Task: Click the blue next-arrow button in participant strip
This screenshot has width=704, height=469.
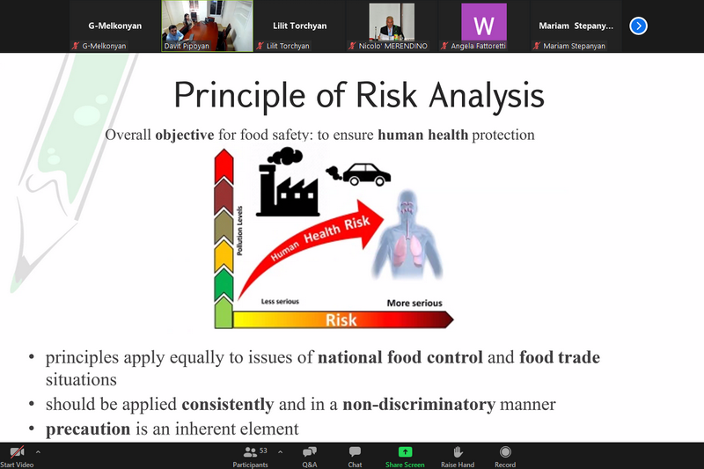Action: pyautogui.click(x=638, y=26)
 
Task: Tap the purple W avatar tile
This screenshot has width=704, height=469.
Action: pyautogui.click(x=483, y=23)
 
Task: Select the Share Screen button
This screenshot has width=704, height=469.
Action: pyautogui.click(x=405, y=457)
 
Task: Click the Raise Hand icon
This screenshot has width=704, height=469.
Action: pyautogui.click(x=458, y=452)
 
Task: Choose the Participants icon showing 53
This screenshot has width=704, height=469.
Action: pyautogui.click(x=250, y=452)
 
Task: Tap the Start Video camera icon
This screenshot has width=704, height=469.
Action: pyautogui.click(x=17, y=452)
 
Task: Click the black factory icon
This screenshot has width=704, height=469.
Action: pyautogui.click(x=288, y=182)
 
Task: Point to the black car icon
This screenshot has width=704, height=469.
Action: pyautogui.click(x=366, y=174)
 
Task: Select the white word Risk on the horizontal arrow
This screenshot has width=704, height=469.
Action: pyautogui.click(x=341, y=320)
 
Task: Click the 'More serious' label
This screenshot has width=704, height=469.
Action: pyautogui.click(x=414, y=303)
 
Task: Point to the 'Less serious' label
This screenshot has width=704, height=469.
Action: pyautogui.click(x=280, y=301)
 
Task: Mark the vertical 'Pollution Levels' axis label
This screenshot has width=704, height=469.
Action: pyautogui.click(x=239, y=231)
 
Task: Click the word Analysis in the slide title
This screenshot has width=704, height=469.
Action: pyautogui.click(x=487, y=96)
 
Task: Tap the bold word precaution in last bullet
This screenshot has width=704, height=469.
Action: pyautogui.click(x=88, y=429)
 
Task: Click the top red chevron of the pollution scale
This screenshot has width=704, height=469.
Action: pyautogui.click(x=224, y=166)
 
